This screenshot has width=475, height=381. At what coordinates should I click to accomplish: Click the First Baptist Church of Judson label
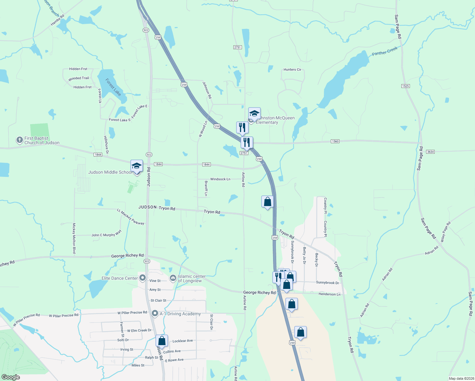pyautogui.click(x=42, y=140)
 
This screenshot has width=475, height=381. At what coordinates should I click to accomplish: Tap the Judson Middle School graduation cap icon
pyautogui.click(x=137, y=166)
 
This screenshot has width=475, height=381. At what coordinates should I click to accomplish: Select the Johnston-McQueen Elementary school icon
pyautogui.click(x=254, y=114)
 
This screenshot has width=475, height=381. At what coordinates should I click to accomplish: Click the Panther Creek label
pyautogui.click(x=385, y=51)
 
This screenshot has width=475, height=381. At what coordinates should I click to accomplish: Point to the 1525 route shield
pyautogui.click(x=405, y=86)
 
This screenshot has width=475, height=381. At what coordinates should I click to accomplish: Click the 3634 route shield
pyautogui.click(x=430, y=152)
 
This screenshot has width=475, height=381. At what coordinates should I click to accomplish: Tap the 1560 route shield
pyautogui.click(x=335, y=141)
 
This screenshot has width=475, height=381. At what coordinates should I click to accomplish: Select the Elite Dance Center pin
pyautogui.click(x=143, y=278)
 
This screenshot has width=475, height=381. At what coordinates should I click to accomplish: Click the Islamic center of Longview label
pyautogui.click(x=191, y=278)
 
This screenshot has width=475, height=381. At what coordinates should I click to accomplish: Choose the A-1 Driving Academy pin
pyautogui.click(x=155, y=313)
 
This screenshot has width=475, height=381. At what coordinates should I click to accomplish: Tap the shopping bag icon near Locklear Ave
pyautogui.click(x=162, y=341)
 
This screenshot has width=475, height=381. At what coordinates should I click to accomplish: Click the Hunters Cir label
pyautogui.click(x=292, y=70)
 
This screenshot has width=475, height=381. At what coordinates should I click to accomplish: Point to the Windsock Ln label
pyautogui.click(x=220, y=179)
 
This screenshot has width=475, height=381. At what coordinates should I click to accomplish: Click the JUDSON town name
pyautogui.click(x=148, y=207)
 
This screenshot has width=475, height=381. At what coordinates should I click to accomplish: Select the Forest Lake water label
pyautogui.click(x=113, y=87)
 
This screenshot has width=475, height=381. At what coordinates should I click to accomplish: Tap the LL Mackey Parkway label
pyautogui.click(x=130, y=217)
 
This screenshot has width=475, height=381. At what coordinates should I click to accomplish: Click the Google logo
pyautogui.click(x=11, y=377)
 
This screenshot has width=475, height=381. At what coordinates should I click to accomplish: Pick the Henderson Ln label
pyautogui.click(x=329, y=294)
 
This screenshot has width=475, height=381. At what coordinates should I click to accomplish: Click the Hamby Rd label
pyautogui.click(x=57, y=20)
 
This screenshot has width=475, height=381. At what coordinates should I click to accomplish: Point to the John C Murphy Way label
pyautogui.click(x=106, y=234)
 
